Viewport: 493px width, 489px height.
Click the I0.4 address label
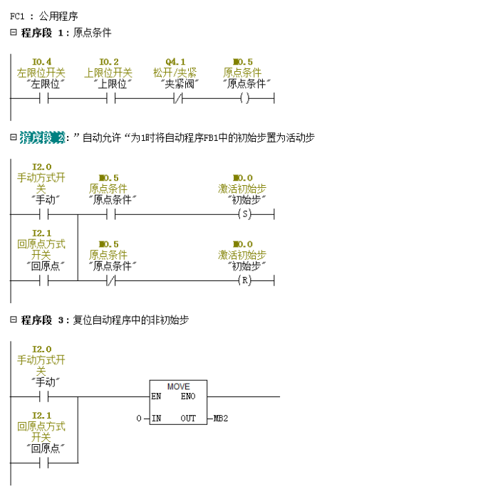click(x=42, y=62)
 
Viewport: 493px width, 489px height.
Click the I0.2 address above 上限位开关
click(x=109, y=62)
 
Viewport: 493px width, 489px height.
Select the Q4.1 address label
click(x=175, y=62)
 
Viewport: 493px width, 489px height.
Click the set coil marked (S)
click(x=245, y=214)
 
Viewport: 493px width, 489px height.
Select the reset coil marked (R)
click(x=245, y=280)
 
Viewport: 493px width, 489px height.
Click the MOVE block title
click(x=178, y=387)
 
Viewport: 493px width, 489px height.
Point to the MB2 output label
click(x=220, y=419)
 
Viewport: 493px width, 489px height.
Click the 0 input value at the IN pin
click(x=140, y=419)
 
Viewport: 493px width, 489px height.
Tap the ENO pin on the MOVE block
click(x=188, y=396)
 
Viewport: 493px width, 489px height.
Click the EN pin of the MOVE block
click(x=156, y=396)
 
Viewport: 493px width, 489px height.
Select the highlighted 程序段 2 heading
click(x=42, y=137)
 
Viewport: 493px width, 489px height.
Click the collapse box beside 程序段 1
click(x=13, y=33)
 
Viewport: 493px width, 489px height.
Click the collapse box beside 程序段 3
click(x=13, y=320)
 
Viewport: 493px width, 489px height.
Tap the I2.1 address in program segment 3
click(x=42, y=415)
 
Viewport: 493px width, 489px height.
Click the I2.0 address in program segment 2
click(x=42, y=167)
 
